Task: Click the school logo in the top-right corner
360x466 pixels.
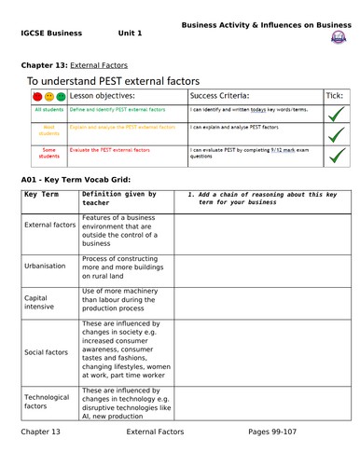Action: pyautogui.click(x=337, y=36)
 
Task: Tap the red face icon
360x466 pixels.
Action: pyautogui.click(x=36, y=96)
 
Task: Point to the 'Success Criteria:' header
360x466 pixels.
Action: pyautogui.click(x=219, y=95)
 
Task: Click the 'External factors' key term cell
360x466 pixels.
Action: pyautogui.click(x=49, y=226)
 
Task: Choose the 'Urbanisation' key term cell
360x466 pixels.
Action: pyautogui.click(x=45, y=266)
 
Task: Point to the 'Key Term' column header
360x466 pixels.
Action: pyautogui.click(x=42, y=194)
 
